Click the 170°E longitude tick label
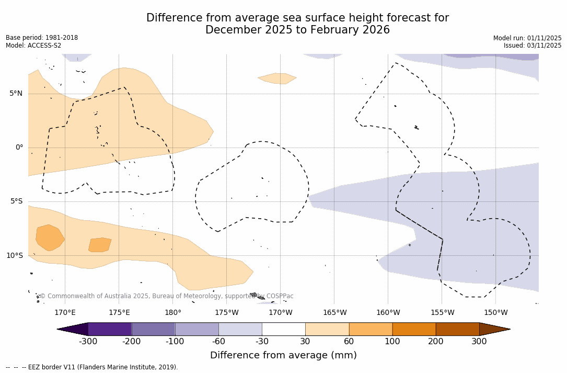point(65,313)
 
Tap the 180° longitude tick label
point(173,313)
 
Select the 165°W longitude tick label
point(334,313)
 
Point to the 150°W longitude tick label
point(495,313)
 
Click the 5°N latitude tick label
point(16,94)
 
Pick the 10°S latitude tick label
point(14,256)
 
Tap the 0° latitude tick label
point(19,148)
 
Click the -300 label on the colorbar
point(88,342)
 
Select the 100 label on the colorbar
point(392,342)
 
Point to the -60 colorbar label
point(218,342)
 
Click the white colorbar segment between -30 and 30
point(283,329)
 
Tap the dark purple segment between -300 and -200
point(110,329)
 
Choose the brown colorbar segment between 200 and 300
point(457,329)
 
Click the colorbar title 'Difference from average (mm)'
point(283,356)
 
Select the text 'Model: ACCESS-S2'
point(33,46)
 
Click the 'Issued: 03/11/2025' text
point(533,46)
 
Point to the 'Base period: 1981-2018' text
point(42,38)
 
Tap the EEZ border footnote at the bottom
point(92,367)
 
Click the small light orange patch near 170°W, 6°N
point(277,78)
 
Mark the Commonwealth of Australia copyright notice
point(167,296)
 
